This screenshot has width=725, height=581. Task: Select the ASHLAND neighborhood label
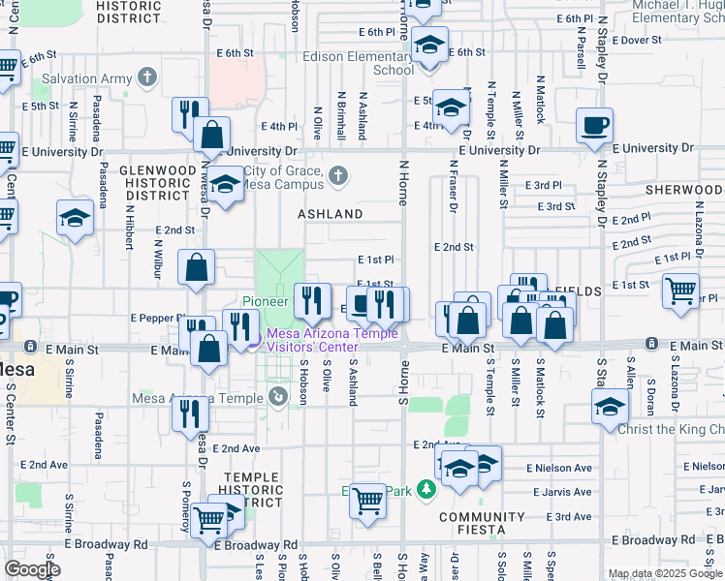[x=330, y=213]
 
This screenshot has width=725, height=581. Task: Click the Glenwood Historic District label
[x=153, y=182]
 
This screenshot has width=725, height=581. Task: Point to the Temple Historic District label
[x=254, y=490]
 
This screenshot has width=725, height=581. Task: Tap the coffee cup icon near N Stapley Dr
[x=594, y=126]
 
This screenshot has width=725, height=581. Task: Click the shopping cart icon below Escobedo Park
[x=367, y=502]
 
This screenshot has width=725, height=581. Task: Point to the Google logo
[x=31, y=569]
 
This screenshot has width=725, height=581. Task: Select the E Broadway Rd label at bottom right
[x=661, y=538]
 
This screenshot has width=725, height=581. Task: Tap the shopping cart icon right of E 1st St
[x=680, y=289]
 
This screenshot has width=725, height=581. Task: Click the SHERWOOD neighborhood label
[x=689, y=191]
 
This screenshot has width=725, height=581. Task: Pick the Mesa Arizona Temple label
[x=213, y=398]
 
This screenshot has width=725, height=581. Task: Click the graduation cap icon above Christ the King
[x=610, y=407]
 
